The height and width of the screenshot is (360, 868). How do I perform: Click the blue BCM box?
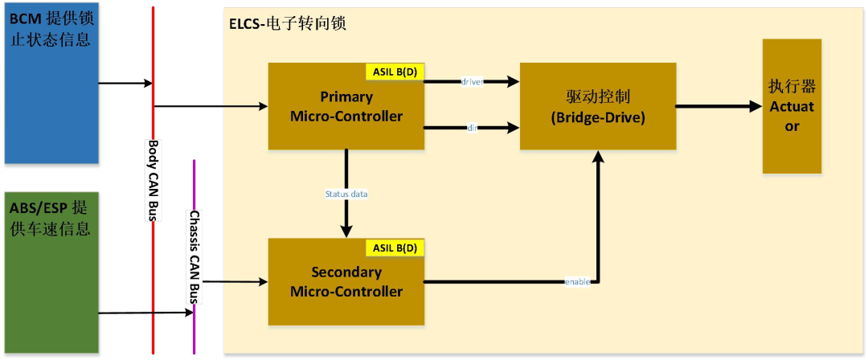[x=49, y=81]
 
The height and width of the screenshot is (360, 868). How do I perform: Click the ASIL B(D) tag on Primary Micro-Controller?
[x=395, y=72]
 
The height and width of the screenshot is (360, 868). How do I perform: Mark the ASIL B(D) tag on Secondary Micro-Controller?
[x=395, y=247]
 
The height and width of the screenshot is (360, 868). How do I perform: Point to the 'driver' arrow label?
[x=472, y=82]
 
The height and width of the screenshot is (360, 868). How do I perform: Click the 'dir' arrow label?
[x=472, y=127]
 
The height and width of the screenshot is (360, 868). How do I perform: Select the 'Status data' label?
[x=346, y=194]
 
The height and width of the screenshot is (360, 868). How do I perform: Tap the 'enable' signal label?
[x=578, y=281]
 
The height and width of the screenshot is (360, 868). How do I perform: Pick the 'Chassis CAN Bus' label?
[x=194, y=257]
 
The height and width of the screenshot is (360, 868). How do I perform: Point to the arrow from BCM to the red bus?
[x=125, y=83]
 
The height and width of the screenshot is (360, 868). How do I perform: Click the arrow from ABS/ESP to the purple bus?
[x=145, y=313]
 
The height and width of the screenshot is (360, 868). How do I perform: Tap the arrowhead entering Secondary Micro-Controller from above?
[x=346, y=231]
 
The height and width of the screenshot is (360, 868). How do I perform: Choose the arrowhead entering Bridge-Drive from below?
[x=597, y=157]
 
